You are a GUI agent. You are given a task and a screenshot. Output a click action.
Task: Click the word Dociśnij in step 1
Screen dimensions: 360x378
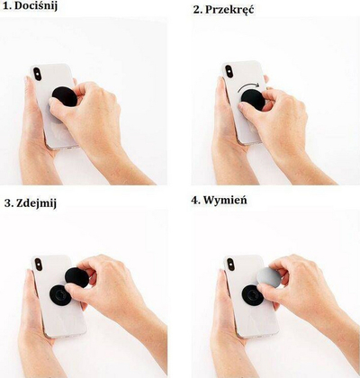pyautogui.click(x=36, y=6)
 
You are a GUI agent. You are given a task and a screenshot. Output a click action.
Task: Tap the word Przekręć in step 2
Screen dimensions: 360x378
pyautogui.click(x=229, y=10)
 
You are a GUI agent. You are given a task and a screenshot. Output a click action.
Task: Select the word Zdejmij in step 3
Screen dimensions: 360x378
pyautogui.click(x=36, y=203)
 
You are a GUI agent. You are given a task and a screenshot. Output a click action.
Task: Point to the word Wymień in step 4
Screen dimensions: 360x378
pyautogui.click(x=225, y=200)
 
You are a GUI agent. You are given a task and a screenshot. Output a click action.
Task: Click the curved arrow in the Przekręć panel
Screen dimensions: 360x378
pyautogui.click(x=248, y=87)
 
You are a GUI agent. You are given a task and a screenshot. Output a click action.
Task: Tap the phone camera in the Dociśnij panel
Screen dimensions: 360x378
pyautogui.click(x=37, y=74)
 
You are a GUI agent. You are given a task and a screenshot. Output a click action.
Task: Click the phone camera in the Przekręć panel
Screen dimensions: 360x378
pyautogui.click(x=229, y=71)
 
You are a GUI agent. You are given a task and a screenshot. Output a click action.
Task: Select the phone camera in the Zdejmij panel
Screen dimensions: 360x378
pyautogui.click(x=39, y=265)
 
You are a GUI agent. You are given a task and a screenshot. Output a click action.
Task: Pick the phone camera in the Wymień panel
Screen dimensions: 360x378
pyautogui.click(x=230, y=265)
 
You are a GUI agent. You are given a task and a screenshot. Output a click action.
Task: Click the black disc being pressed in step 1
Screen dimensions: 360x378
pyautogui.click(x=65, y=96)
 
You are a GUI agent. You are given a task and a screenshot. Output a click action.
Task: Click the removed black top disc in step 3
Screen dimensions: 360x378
pyautogui.click(x=77, y=277)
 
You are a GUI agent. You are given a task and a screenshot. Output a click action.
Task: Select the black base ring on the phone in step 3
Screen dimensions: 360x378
pyautogui.click(x=60, y=295)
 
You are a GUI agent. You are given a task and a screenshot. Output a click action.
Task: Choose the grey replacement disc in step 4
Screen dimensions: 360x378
pyautogui.click(x=269, y=278)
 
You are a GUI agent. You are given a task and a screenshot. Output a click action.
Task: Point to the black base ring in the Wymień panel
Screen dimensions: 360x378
pyautogui.click(x=253, y=295)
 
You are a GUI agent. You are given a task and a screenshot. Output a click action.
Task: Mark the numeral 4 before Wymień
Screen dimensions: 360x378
pyautogui.click(x=195, y=200)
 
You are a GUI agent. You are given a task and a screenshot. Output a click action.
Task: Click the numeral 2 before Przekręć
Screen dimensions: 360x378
pyautogui.click(x=197, y=10)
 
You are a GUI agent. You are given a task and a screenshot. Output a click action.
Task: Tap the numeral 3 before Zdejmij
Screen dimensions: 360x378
pyautogui.click(x=8, y=203)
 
